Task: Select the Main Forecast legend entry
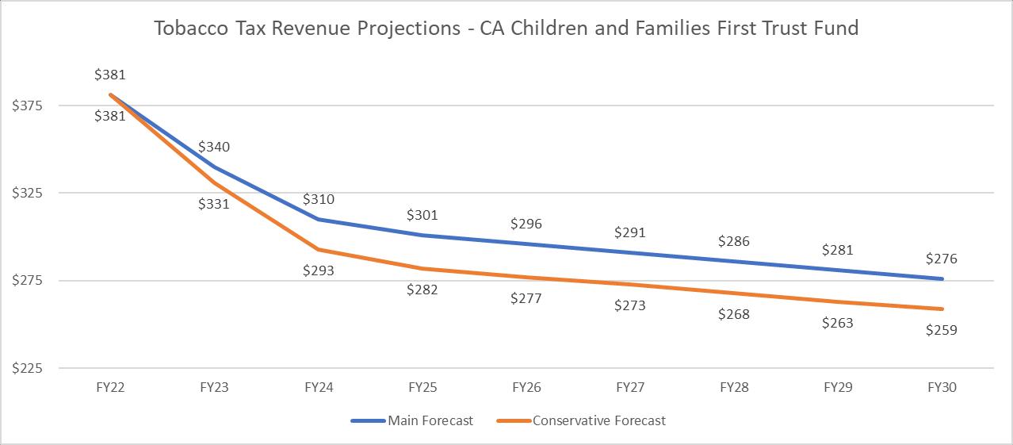click(x=412, y=420)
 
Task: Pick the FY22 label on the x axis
click(x=110, y=388)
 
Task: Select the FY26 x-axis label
click(x=526, y=388)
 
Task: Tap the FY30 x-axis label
click(x=942, y=388)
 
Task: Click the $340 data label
click(x=214, y=147)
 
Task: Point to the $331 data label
click(x=214, y=204)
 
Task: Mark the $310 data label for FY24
click(x=319, y=199)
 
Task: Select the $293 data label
click(x=319, y=270)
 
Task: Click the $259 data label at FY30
click(x=942, y=330)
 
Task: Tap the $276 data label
click(x=942, y=259)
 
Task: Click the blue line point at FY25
click(x=422, y=235)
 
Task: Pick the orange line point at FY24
click(x=319, y=249)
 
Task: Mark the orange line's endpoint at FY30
click(x=942, y=309)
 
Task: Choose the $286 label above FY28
click(x=734, y=241)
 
